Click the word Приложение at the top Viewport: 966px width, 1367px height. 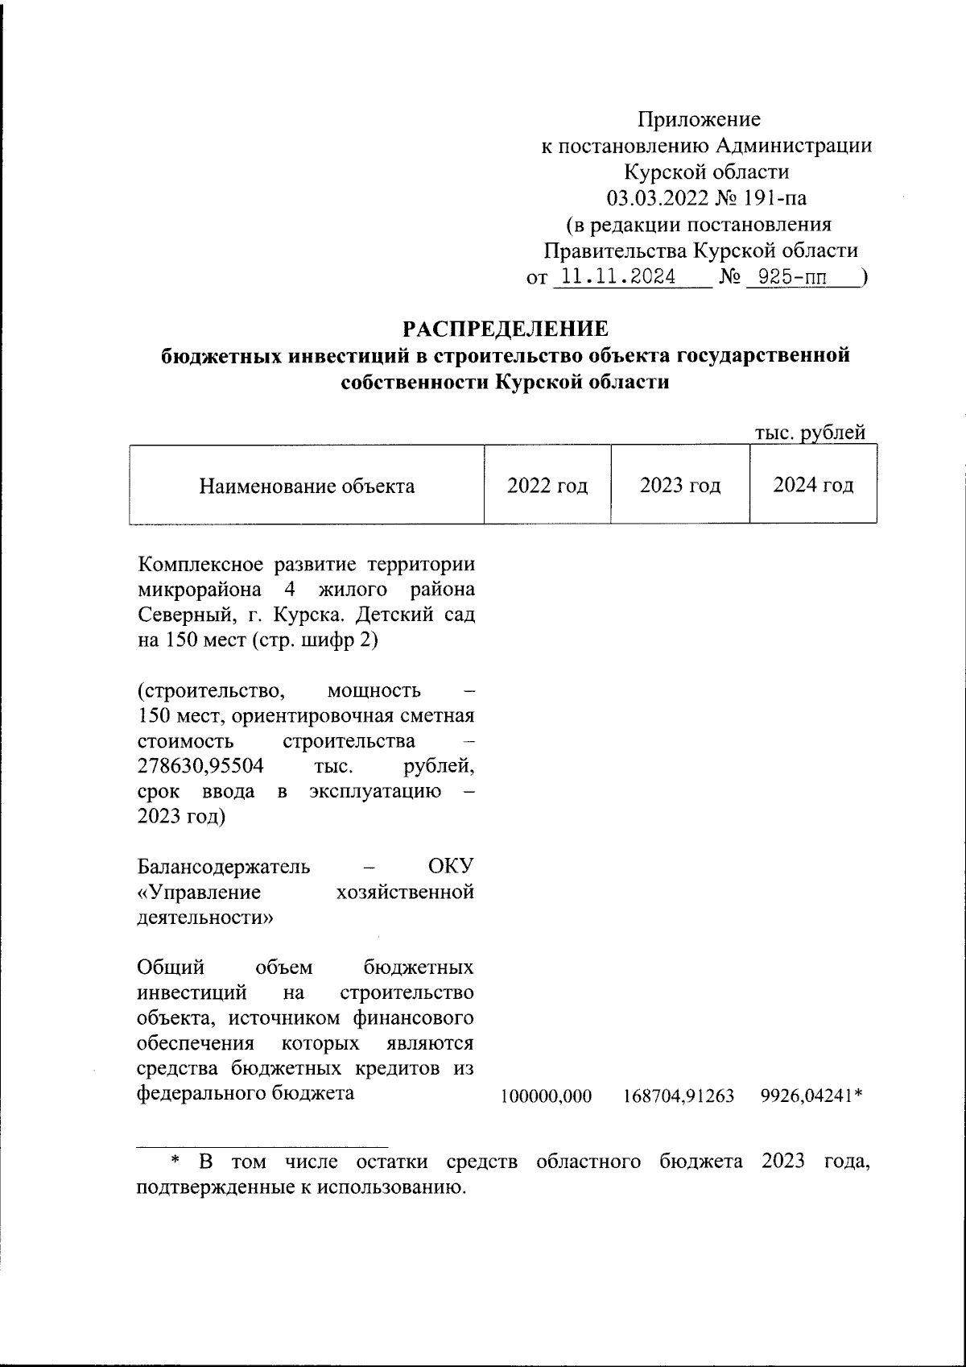699,120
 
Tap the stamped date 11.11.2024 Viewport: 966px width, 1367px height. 617,278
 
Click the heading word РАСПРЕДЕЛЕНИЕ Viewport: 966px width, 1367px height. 505,329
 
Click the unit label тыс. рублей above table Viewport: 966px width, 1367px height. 810,432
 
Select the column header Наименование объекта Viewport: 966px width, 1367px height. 307,486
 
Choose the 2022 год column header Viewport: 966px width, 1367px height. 547,486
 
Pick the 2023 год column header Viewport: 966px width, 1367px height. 680,486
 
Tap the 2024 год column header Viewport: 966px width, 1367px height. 813,486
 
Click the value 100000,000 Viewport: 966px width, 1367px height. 546,1096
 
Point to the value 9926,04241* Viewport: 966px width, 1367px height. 811,1096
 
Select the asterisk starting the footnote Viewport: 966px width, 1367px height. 173,1162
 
